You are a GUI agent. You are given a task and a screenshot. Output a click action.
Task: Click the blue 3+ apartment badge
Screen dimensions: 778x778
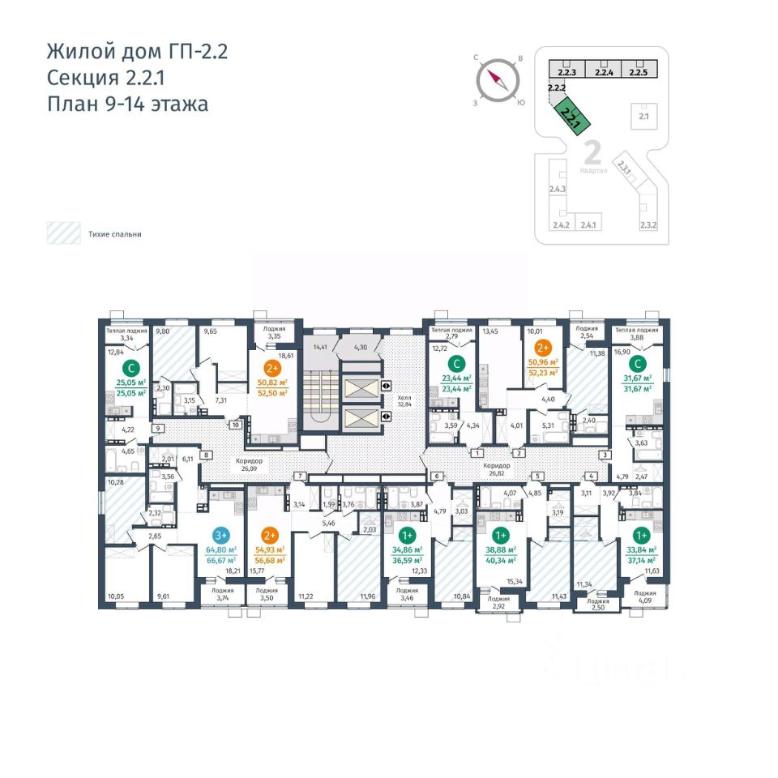[220, 534]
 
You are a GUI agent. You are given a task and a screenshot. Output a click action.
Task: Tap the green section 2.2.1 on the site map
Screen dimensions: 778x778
[572, 113]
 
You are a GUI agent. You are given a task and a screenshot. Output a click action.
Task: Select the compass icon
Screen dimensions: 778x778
[496, 80]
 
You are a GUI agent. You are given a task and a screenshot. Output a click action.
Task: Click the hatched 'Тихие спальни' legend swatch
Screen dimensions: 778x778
[62, 233]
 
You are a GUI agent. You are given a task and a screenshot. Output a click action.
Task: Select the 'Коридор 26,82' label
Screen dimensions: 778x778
[496, 469]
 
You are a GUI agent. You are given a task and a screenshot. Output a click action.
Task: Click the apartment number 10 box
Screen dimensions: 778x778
[235, 425]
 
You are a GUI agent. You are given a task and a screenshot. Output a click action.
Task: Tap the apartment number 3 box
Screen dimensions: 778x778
[604, 455]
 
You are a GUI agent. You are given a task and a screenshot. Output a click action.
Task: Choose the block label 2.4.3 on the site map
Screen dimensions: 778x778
[557, 189]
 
